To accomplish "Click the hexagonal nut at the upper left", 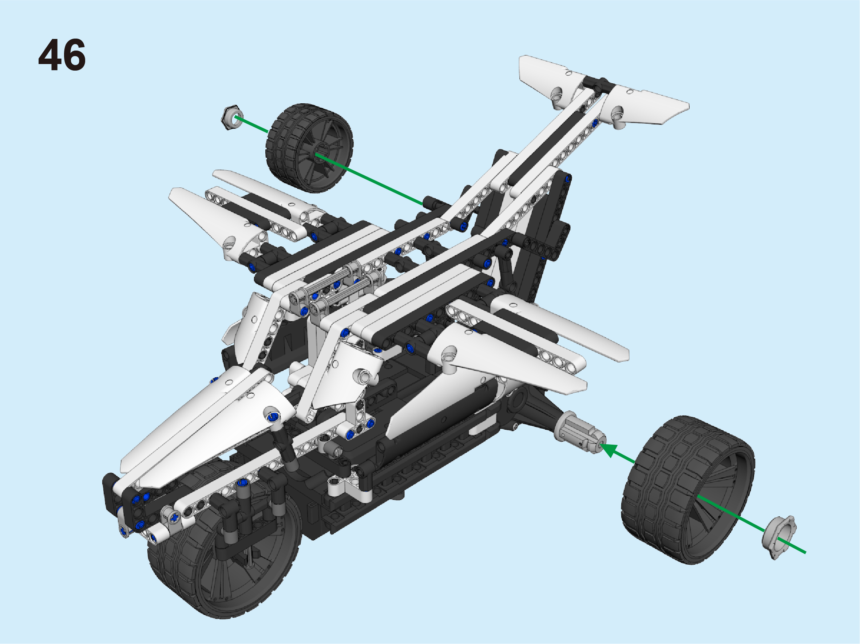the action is click(232, 117).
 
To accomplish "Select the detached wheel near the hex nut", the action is click(309, 148).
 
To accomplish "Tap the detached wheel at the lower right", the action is click(688, 490).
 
